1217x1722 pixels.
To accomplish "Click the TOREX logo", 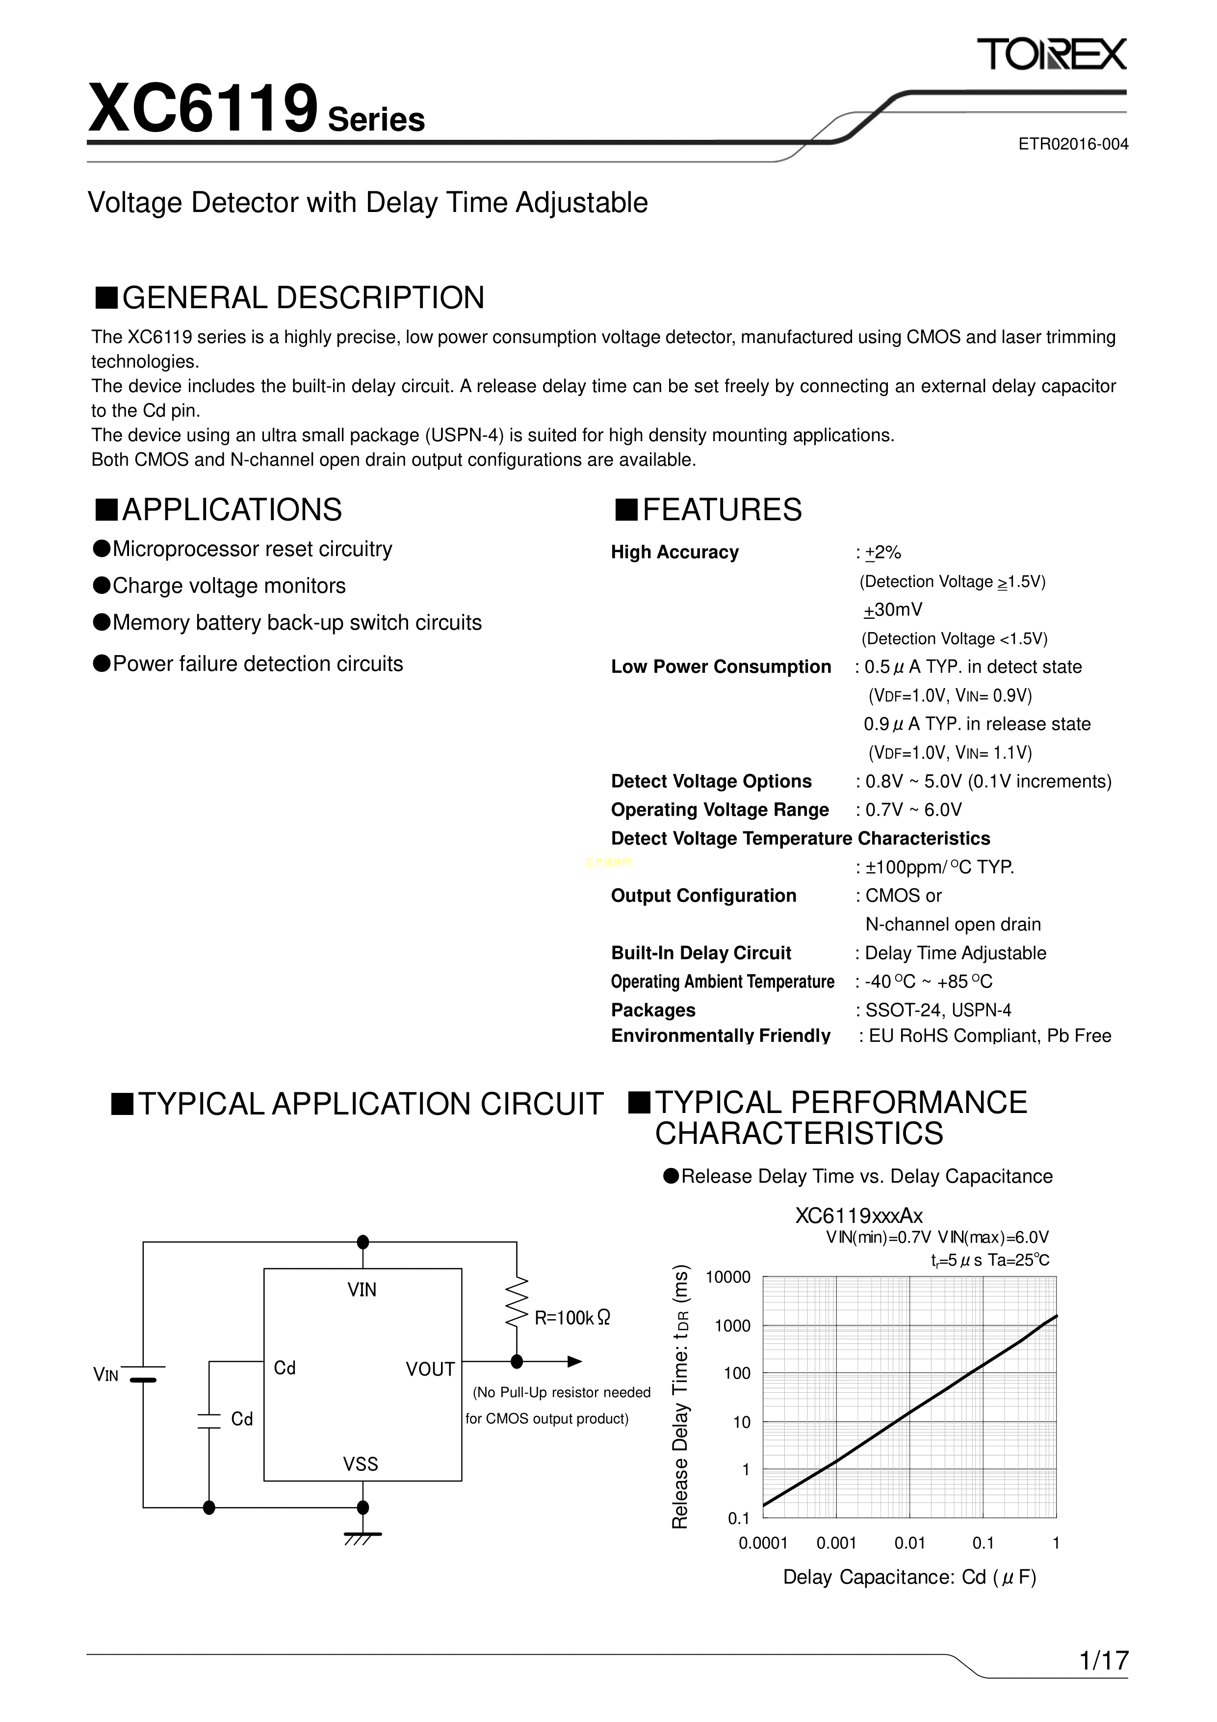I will (1051, 55).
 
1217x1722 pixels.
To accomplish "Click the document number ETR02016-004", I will (1072, 144).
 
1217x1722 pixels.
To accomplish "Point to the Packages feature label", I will (653, 1010).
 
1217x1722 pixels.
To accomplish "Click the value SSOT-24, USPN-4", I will (937, 1010).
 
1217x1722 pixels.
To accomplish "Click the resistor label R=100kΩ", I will (572, 1318).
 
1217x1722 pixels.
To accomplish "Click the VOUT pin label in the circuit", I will (430, 1370).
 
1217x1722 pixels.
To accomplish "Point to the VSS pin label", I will (361, 1464).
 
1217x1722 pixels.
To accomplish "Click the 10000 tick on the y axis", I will (727, 1278).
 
